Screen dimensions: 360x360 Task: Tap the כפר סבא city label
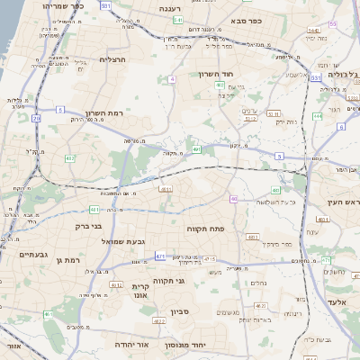(x=245, y=20)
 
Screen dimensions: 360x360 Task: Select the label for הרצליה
(x=112, y=59)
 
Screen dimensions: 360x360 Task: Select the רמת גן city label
(x=67, y=260)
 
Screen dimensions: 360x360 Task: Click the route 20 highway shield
(x=36, y=117)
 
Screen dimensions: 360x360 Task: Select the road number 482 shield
(x=70, y=158)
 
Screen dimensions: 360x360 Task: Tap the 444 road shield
(x=318, y=116)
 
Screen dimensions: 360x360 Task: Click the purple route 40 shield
(x=234, y=199)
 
